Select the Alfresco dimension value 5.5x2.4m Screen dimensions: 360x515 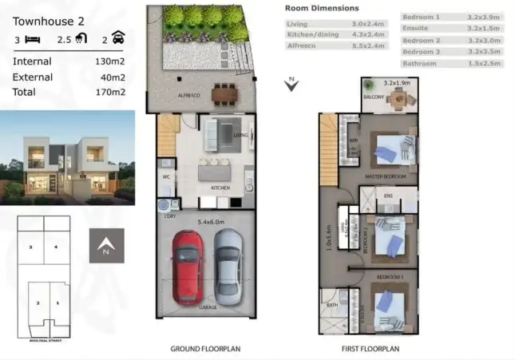click(366, 46)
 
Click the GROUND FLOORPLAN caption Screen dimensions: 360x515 click(205, 349)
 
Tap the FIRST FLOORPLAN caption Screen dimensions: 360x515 click(371, 349)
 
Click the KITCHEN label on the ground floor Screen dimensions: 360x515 click(220, 188)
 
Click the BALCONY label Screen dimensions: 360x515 click(374, 97)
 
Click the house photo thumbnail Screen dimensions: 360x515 click(67, 155)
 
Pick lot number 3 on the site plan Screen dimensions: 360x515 click(30, 247)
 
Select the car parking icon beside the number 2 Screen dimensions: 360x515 click(118, 38)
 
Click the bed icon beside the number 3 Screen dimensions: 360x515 click(32, 38)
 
